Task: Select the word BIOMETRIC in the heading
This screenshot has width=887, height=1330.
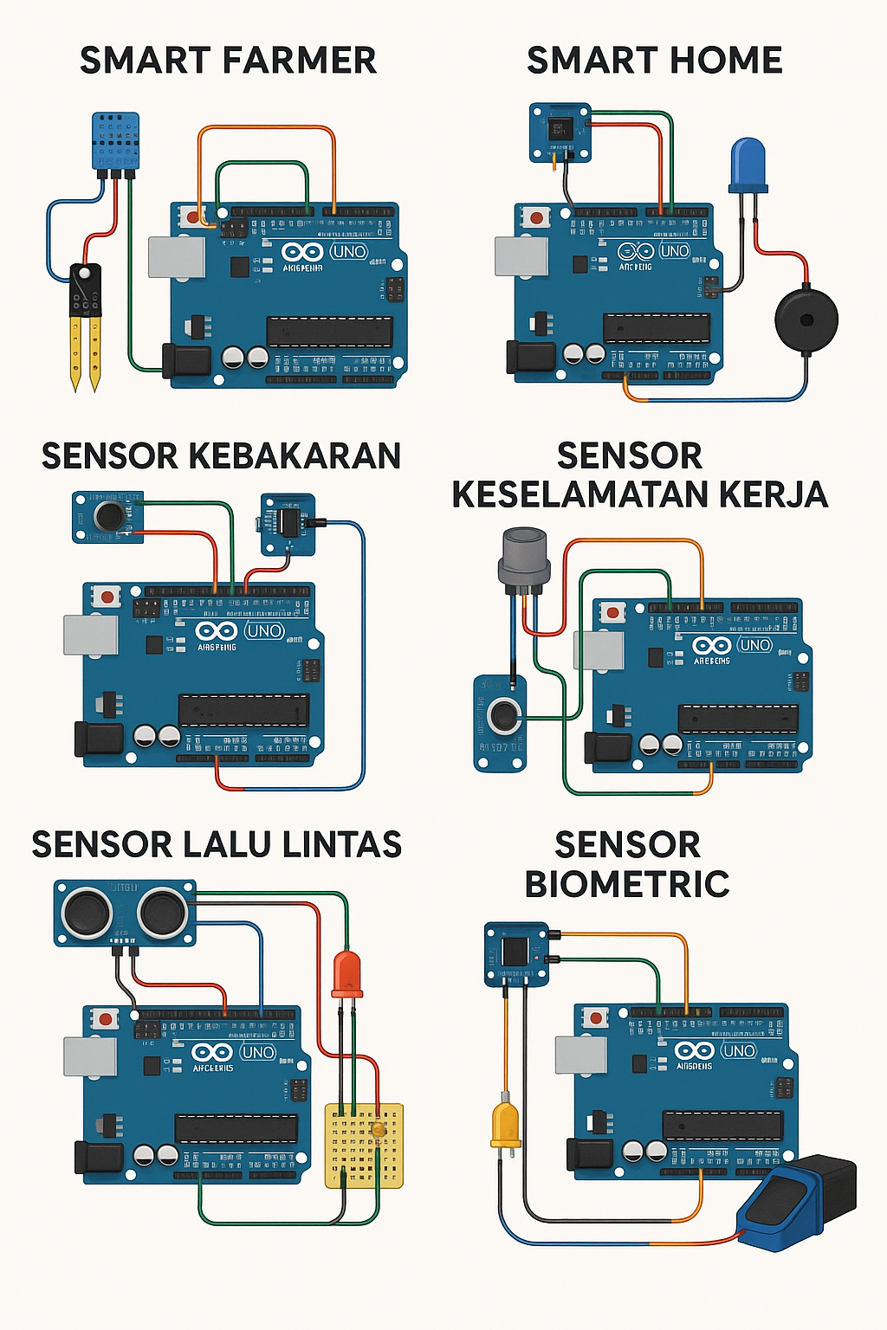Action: pyautogui.click(x=627, y=884)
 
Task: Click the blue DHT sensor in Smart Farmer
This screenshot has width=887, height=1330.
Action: pyautogui.click(x=114, y=141)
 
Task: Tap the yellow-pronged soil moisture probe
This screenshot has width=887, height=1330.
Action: pyautogui.click(x=85, y=320)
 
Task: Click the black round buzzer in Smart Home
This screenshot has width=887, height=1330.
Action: pyautogui.click(x=806, y=319)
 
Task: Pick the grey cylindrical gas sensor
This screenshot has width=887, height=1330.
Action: pyautogui.click(x=524, y=558)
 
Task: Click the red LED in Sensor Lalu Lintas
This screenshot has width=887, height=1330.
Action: pyautogui.click(x=346, y=974)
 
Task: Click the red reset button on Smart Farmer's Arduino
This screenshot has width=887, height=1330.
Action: pyautogui.click(x=191, y=216)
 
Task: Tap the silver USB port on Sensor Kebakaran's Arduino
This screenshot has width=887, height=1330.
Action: pyautogui.click(x=91, y=635)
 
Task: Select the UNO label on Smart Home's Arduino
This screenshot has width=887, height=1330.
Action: pyautogui.click(x=675, y=251)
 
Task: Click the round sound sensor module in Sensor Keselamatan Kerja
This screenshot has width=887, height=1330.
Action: pyautogui.click(x=502, y=716)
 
